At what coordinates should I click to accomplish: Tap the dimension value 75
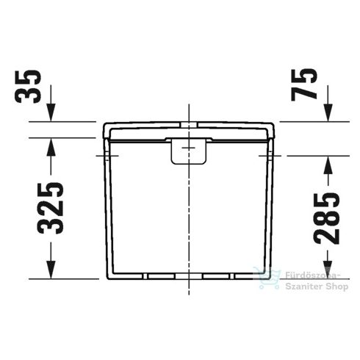pos(309,80)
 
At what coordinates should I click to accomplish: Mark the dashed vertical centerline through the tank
pos(189,213)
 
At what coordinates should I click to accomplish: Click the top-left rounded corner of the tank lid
pos(104,125)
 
